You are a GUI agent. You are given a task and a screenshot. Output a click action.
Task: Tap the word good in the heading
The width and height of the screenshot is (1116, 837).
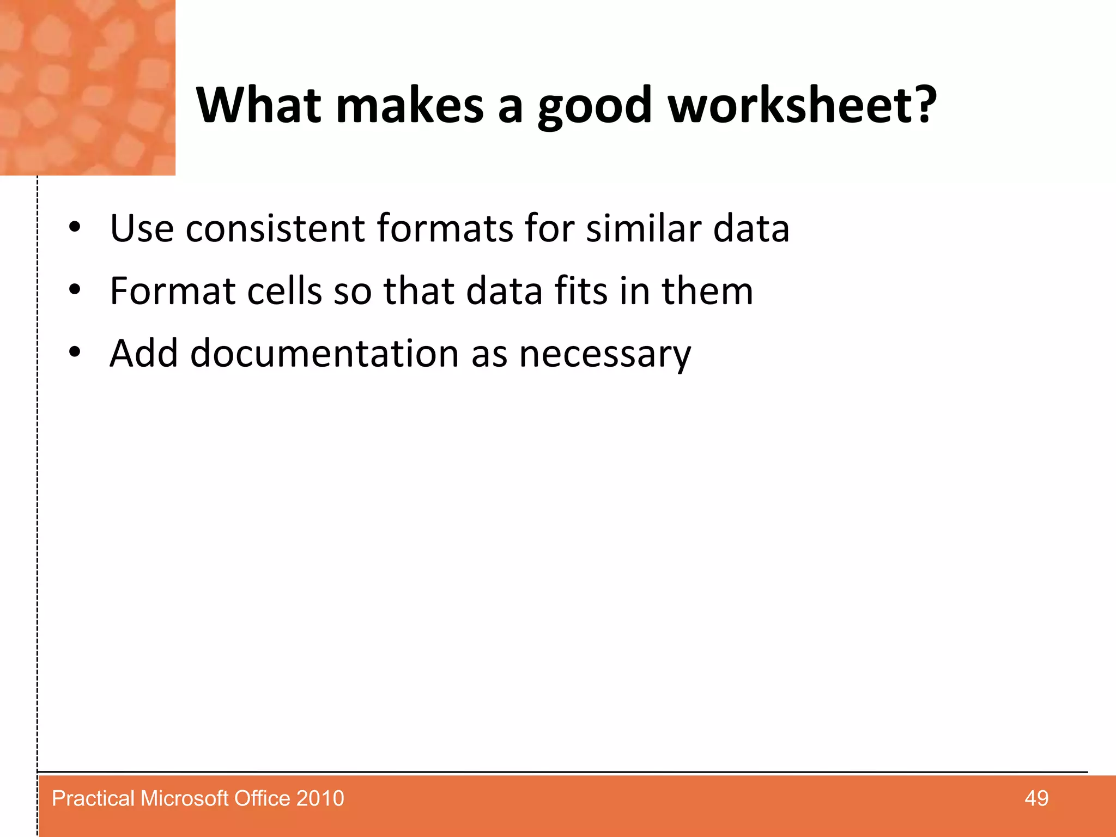595,106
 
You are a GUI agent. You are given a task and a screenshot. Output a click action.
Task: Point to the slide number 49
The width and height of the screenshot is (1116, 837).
1036,798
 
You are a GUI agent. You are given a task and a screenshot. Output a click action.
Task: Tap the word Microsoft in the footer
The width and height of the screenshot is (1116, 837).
184,798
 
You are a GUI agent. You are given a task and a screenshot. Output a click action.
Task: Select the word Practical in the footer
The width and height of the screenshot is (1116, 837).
93,798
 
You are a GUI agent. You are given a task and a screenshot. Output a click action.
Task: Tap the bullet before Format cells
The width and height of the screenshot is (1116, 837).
75,290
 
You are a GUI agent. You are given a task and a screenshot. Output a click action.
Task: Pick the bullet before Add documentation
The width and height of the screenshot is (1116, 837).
75,353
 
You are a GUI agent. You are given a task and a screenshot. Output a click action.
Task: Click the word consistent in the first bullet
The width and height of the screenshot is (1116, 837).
275,228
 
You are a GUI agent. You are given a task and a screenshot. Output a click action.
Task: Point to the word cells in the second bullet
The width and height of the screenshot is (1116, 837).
284,290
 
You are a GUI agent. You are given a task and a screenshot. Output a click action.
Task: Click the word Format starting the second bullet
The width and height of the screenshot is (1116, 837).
173,290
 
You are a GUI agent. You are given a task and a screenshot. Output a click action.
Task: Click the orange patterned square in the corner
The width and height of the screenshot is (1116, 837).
87,87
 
